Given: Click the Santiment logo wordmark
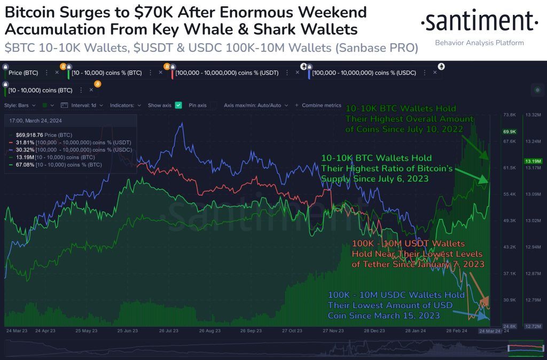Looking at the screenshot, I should point(479,22).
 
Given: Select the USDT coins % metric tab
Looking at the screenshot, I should point(227,72).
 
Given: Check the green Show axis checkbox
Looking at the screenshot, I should point(178,105).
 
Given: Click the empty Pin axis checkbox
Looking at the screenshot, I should point(214,105).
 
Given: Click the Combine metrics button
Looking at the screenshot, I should point(321,105).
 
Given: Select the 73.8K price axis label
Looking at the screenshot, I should point(509,115).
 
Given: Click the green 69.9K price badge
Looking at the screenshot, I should point(509,131).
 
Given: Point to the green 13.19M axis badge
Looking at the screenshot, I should point(532,161).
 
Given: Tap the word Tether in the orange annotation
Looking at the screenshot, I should point(369,264).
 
